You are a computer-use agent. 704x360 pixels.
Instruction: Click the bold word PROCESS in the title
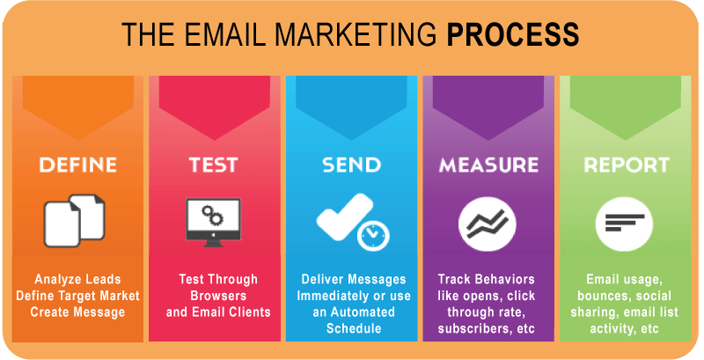tap(513, 34)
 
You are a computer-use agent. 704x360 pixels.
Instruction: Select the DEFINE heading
tap(78, 165)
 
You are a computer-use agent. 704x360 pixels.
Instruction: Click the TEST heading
tap(213, 165)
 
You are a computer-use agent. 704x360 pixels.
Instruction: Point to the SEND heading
tap(351, 165)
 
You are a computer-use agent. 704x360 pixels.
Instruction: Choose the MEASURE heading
tap(488, 165)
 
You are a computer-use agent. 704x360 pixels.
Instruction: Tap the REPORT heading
tap(627, 165)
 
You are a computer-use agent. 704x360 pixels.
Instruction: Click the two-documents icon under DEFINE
tap(74, 220)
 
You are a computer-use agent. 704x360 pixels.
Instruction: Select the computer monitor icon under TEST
tap(213, 222)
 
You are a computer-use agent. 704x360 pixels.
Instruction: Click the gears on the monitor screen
tap(212, 215)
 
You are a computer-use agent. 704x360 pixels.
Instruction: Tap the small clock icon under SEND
tap(373, 235)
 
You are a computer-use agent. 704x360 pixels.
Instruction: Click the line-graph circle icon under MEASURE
tap(488, 224)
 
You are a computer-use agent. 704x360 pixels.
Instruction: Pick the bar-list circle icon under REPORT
tap(625, 223)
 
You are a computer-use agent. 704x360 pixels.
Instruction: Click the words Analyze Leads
tap(77, 279)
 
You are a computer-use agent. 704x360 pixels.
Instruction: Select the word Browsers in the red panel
tap(218, 296)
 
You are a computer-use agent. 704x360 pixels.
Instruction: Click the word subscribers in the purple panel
tap(473, 328)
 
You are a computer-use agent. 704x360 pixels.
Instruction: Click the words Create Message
tap(77, 312)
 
